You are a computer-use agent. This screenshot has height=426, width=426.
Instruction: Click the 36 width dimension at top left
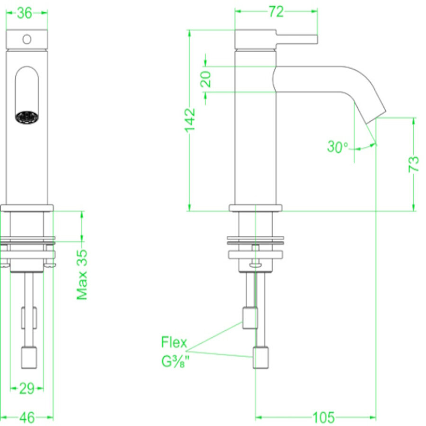(x=25, y=13)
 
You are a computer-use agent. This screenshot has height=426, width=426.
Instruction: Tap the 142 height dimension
(x=190, y=122)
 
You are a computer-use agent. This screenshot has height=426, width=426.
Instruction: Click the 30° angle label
(x=337, y=147)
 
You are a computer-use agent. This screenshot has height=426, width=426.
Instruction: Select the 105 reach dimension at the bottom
(x=323, y=417)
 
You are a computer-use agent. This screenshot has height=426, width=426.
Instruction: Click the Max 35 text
(x=82, y=275)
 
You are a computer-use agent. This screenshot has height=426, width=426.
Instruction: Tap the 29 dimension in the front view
(x=27, y=389)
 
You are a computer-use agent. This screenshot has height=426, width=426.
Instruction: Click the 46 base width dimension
(x=27, y=417)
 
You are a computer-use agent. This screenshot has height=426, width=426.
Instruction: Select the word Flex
(x=174, y=342)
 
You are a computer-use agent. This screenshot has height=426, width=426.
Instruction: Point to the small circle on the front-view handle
(x=27, y=38)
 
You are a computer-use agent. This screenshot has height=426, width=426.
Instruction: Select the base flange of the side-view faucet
(x=256, y=207)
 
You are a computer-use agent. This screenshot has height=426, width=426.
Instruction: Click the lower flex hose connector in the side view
(x=262, y=358)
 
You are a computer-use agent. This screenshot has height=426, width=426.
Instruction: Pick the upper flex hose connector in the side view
(x=249, y=318)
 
